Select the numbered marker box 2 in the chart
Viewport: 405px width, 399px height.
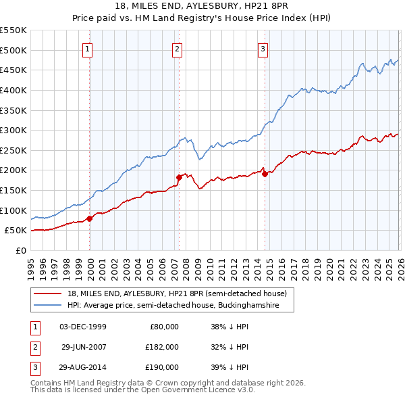(x=177, y=49)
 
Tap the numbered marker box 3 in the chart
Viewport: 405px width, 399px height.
(x=263, y=49)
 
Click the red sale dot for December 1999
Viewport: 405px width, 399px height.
(x=90, y=218)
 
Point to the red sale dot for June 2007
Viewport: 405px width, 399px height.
(x=179, y=177)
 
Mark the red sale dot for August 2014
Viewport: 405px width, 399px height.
(x=265, y=174)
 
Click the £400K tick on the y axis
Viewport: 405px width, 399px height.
(x=13, y=90)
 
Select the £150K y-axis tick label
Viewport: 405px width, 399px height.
(x=13, y=190)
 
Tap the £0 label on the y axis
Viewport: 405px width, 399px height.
(x=20, y=250)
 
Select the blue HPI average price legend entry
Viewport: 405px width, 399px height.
(x=181, y=306)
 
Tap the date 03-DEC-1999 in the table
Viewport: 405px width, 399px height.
(x=83, y=327)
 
